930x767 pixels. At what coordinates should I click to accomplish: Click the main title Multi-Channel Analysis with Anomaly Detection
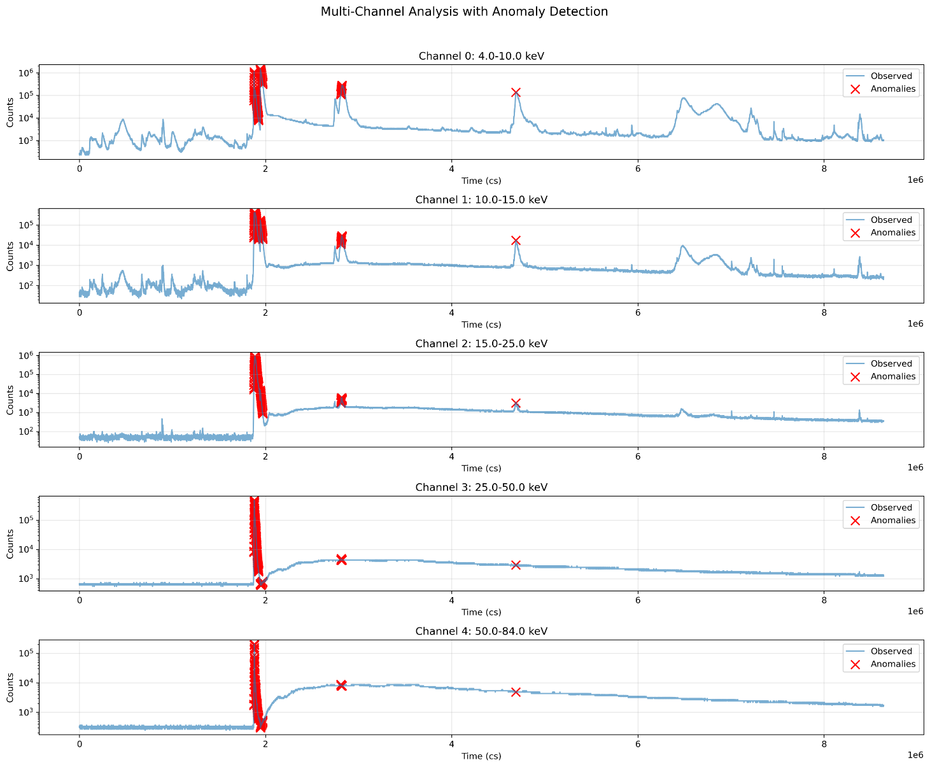point(464,11)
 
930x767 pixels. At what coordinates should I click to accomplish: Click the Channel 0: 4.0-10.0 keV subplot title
point(481,56)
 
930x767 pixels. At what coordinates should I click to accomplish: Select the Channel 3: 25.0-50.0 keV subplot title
point(481,488)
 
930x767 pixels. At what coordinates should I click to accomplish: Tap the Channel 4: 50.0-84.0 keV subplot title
point(481,631)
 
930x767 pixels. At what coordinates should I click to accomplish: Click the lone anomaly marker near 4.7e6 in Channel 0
point(516,92)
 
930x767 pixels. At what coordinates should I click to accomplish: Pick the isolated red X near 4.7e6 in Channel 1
point(516,240)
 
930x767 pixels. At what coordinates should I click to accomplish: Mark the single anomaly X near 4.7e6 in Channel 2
point(516,403)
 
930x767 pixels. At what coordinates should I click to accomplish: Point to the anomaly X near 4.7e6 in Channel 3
point(516,565)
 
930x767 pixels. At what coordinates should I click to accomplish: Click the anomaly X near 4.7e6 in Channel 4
point(516,692)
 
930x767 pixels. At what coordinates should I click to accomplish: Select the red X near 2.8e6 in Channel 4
point(341,685)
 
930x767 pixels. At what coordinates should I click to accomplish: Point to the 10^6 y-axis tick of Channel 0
point(26,73)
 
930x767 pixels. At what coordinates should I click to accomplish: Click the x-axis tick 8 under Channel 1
point(824,313)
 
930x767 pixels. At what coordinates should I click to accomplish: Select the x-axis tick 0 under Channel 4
point(79,745)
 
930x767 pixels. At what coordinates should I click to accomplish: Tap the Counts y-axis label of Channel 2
point(10,400)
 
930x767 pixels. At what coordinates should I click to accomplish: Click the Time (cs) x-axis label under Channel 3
point(481,612)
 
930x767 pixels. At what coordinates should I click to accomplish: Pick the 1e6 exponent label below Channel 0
point(914,181)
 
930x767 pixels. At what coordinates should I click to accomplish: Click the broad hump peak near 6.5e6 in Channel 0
point(683,99)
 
